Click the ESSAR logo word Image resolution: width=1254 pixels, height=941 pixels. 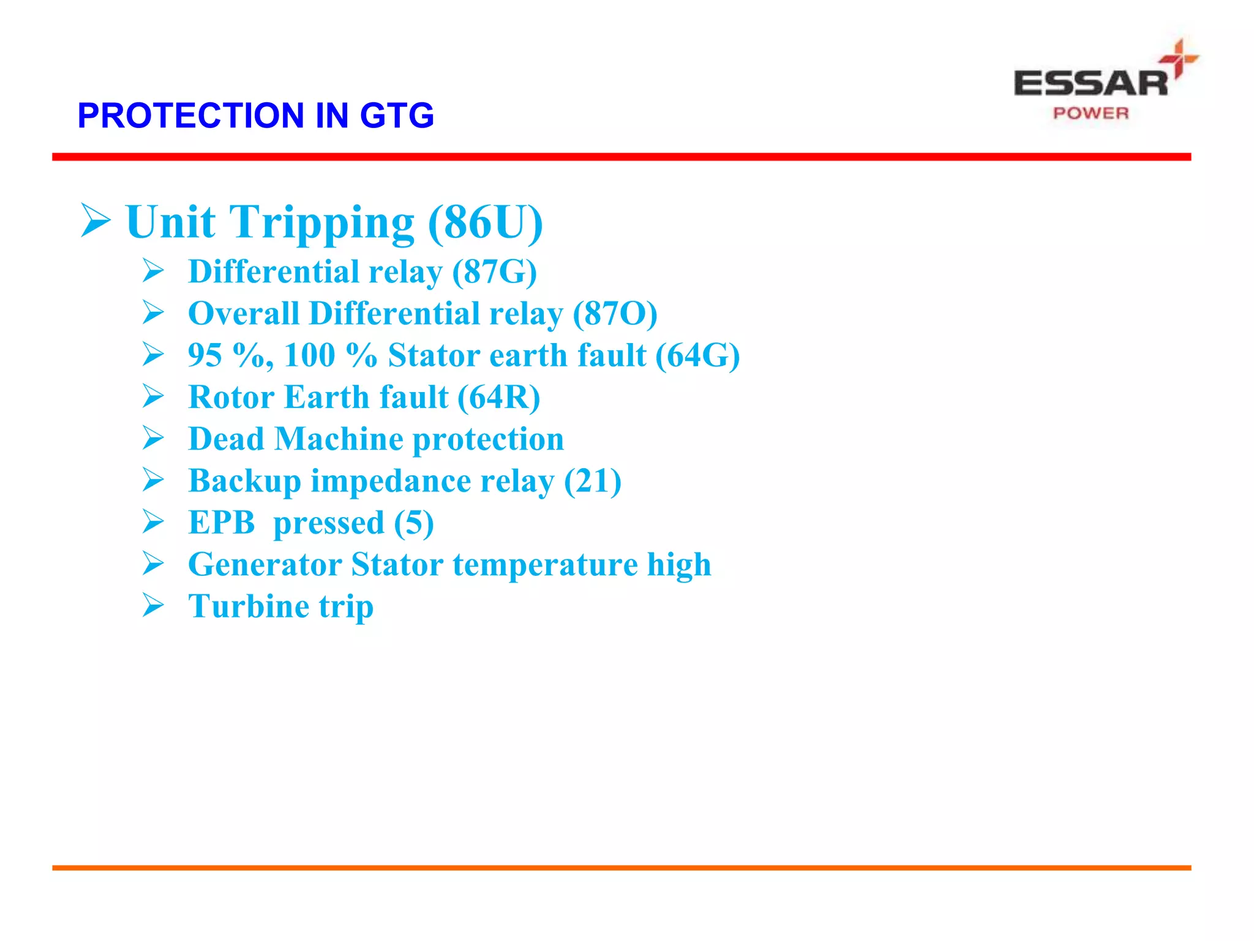pyautogui.click(x=1091, y=83)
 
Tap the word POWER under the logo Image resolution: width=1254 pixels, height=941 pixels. pyautogui.click(x=1091, y=113)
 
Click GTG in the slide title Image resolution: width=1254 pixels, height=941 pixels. pyautogui.click(x=397, y=115)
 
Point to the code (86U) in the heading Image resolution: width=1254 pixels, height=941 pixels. pyautogui.click(x=485, y=222)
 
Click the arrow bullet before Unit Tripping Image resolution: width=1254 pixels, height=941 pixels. pyautogui.click(x=95, y=221)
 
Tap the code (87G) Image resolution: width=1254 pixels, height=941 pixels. pyautogui.click(x=494, y=272)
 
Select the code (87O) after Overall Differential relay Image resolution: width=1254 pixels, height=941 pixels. pyautogui.click(x=615, y=314)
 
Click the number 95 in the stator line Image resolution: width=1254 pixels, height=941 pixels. pyautogui.click(x=205, y=355)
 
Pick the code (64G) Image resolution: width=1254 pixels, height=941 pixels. pyautogui.click(x=697, y=355)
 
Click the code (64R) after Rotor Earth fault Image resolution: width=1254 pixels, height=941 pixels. pyautogui.click(x=499, y=397)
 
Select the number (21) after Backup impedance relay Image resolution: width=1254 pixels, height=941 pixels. pyautogui.click(x=592, y=481)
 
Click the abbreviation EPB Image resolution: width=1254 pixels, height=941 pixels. pyautogui.click(x=221, y=523)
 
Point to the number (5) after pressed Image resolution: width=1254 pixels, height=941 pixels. pyautogui.click(x=414, y=523)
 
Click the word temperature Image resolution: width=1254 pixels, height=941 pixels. pyautogui.click(x=545, y=565)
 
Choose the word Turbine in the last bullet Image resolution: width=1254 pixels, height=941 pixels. pyautogui.click(x=248, y=607)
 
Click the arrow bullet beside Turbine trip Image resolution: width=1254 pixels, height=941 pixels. pyautogui.click(x=153, y=605)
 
